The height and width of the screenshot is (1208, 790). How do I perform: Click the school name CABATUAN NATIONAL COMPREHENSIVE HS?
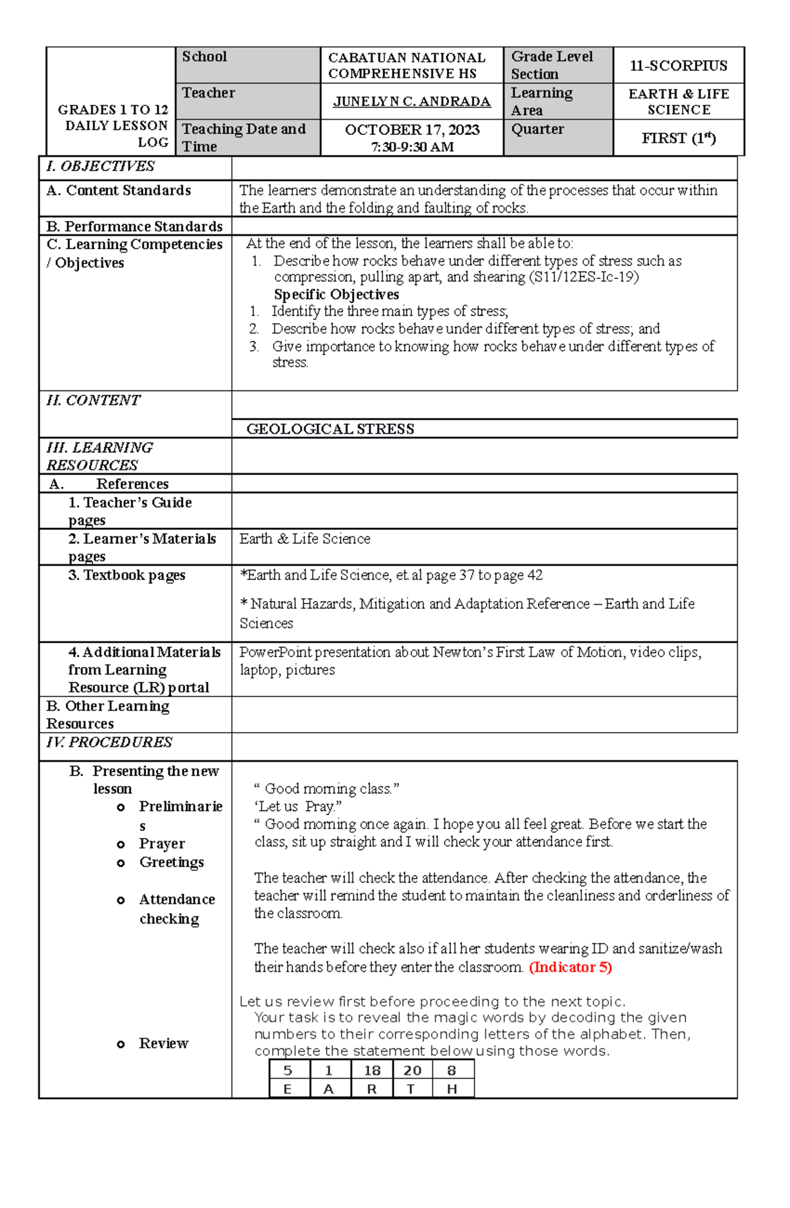[406, 66]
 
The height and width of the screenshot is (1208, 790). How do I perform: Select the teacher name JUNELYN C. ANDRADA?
[411, 101]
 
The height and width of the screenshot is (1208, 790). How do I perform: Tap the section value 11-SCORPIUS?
[678, 66]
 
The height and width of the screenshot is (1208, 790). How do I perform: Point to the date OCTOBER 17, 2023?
[412, 130]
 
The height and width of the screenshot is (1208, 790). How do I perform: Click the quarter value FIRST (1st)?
[678, 138]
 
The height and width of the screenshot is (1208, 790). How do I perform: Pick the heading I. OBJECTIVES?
[100, 167]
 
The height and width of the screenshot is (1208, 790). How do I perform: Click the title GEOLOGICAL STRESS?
[330, 429]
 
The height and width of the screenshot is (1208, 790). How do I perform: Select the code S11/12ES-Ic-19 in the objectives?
[583, 277]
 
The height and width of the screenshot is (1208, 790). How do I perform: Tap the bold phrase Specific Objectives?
[336, 294]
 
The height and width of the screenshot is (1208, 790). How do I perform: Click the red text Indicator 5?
[570, 967]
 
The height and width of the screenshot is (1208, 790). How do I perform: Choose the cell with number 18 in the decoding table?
[372, 1070]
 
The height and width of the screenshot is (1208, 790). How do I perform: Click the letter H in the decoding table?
[452, 1089]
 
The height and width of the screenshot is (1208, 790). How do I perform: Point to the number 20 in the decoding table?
[412, 1070]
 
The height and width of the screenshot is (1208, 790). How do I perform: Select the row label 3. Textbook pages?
[126, 575]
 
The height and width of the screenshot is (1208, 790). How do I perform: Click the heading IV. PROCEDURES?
[109, 743]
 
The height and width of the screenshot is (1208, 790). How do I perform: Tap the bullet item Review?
[163, 1043]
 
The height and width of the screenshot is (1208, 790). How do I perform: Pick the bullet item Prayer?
[162, 844]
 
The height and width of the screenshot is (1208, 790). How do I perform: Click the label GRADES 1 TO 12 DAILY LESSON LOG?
[113, 125]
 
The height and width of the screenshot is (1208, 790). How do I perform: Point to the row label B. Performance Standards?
[134, 226]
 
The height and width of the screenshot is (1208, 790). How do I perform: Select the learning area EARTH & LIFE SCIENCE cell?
[678, 101]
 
